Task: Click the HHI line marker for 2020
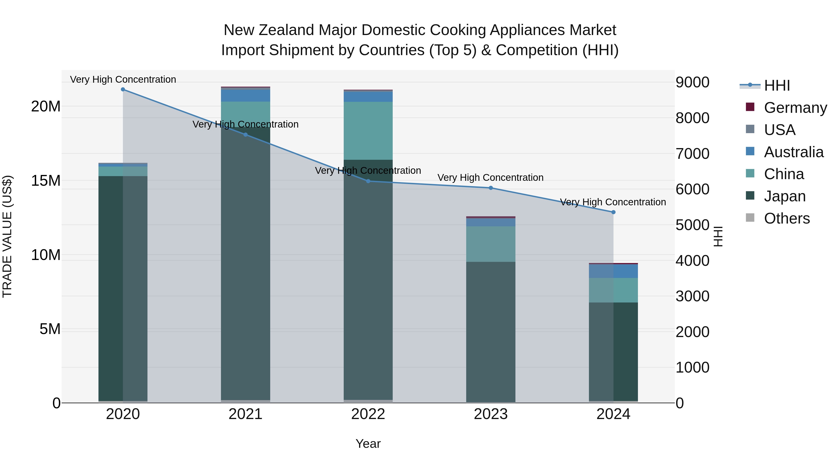tap(123, 89)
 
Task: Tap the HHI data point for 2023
tap(491, 188)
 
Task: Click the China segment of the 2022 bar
tap(368, 131)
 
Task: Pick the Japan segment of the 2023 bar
tap(491, 331)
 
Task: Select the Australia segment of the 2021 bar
tap(245, 96)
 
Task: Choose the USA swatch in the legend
tap(750, 129)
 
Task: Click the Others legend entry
tap(787, 218)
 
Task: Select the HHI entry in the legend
tap(777, 85)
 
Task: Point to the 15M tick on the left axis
tap(46, 181)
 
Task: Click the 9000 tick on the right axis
tap(692, 82)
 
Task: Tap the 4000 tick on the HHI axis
tap(692, 260)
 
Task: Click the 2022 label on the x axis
tap(368, 414)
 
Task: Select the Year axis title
tap(368, 444)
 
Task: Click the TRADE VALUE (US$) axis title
tap(7, 236)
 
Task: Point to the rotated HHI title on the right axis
tap(718, 236)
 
